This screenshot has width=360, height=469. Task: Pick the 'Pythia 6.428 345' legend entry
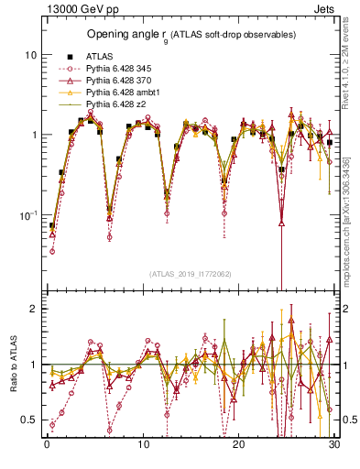coord(121,69)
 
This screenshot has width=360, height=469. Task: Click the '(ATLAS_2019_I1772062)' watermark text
coord(190,273)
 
